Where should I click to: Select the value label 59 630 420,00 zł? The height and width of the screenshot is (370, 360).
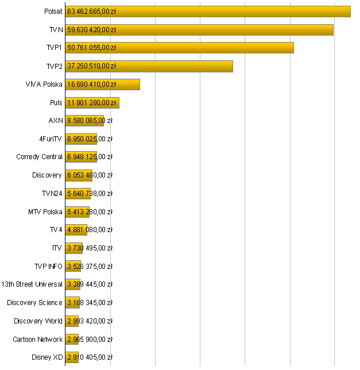(x=92, y=30)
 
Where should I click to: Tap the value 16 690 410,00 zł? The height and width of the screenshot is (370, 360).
(x=92, y=84)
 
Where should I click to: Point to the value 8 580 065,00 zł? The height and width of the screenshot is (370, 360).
(x=90, y=121)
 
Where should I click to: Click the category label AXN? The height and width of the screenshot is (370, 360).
(x=56, y=121)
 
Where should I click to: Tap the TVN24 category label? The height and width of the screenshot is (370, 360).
(x=52, y=193)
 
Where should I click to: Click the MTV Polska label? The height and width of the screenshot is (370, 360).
(x=45, y=211)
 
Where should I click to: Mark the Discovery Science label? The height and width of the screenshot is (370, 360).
(x=34, y=302)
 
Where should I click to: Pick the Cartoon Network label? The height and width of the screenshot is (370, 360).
(x=37, y=339)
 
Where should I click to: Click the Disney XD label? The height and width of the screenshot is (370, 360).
(x=47, y=357)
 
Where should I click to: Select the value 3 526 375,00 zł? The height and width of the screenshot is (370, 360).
(x=90, y=266)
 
